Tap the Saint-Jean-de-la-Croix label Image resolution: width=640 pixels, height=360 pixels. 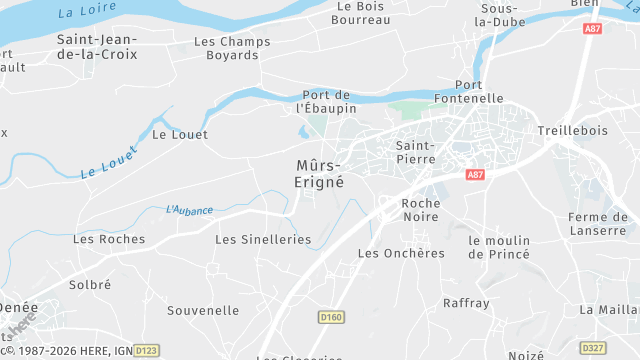tap(97, 47)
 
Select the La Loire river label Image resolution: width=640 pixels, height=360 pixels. tap(83, 12)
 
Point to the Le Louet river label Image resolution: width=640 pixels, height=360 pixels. tap(108, 159)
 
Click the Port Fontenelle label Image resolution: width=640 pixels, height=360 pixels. tap(470, 92)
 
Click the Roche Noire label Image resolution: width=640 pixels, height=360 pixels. tap(420, 210)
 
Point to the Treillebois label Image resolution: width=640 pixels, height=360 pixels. tap(573, 131)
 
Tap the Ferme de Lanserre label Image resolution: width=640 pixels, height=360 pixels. tap(597, 225)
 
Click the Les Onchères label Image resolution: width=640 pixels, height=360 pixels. tap(401, 253)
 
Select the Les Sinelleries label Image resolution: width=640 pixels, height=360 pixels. tap(263, 240)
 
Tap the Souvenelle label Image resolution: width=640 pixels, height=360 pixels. tap(203, 310)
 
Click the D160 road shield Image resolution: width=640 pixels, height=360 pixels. tap(331, 317)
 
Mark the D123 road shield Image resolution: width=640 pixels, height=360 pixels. tap(146, 350)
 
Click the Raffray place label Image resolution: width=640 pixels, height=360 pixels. tap(466, 302)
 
